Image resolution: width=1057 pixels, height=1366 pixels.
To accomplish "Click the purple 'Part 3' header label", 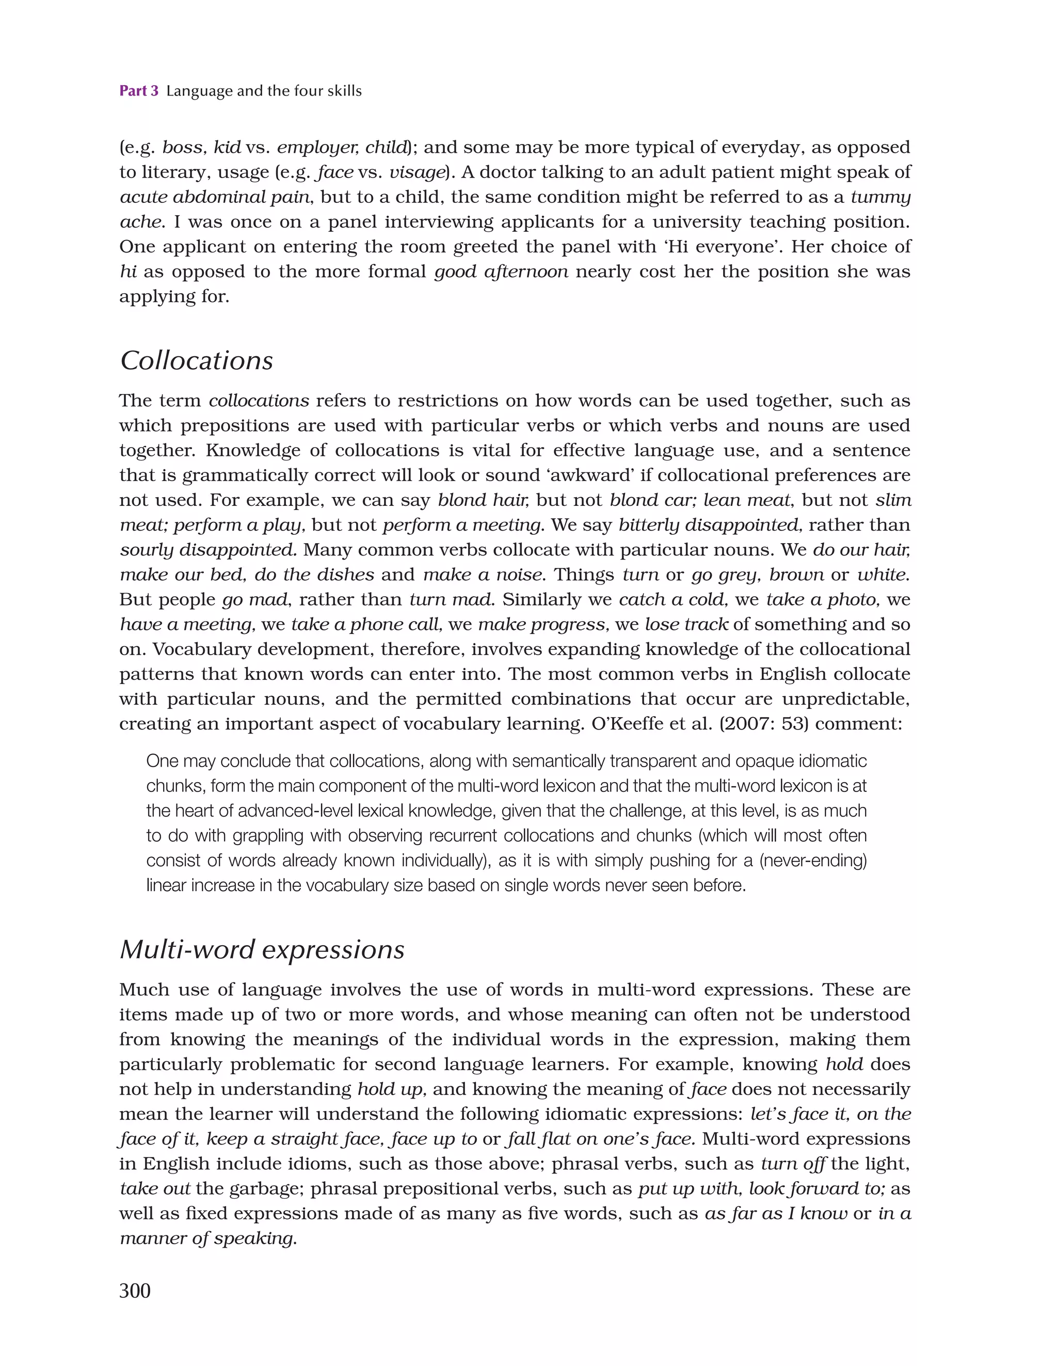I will pos(139,91).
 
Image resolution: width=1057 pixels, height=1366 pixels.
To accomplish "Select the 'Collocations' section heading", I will pos(197,361).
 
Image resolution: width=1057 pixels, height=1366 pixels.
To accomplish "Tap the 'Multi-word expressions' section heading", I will pos(262,949).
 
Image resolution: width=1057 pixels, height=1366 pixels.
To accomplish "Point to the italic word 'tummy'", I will pos(880,197).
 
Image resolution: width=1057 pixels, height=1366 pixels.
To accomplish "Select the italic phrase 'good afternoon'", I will pos(501,272).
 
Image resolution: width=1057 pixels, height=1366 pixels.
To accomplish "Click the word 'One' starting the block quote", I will pos(162,761).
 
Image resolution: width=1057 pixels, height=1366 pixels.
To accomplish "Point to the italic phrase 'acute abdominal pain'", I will pos(215,197).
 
